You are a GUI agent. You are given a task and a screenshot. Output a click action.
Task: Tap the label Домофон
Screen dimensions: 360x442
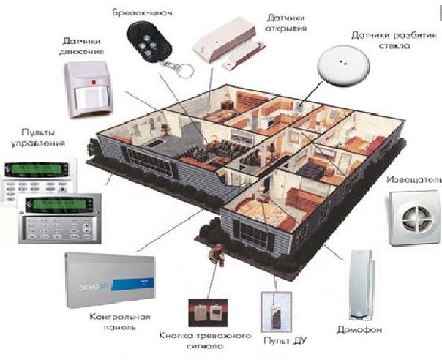(358, 329)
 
